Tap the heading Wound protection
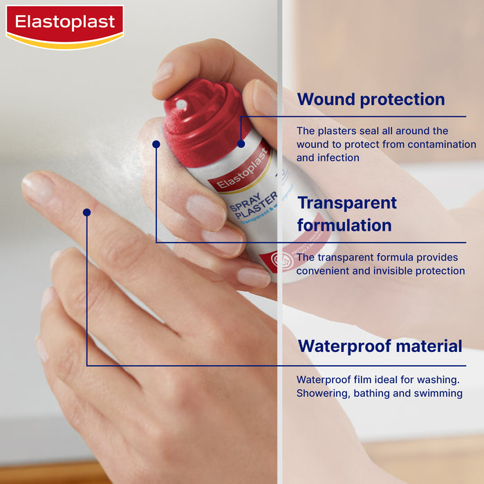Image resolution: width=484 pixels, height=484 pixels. pyautogui.click(x=371, y=100)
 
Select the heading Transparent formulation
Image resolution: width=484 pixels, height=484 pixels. pyautogui.click(x=346, y=214)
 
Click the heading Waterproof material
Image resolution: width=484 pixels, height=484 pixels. pyautogui.click(x=380, y=346)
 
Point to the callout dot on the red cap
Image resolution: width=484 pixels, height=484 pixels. pyautogui.click(x=241, y=144)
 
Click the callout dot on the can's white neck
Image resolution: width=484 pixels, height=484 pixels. pyautogui.click(x=156, y=144)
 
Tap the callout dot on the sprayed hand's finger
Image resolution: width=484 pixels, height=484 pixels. pyautogui.click(x=86, y=212)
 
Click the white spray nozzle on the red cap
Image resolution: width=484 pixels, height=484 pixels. pyautogui.click(x=181, y=104)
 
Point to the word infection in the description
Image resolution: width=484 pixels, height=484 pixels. pyautogui.click(x=339, y=158)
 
